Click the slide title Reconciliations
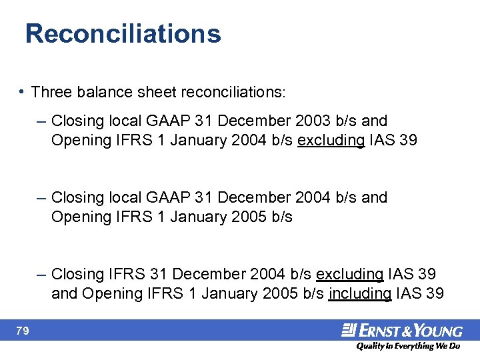[123, 33]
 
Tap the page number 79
[23, 331]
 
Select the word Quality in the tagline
[371, 346]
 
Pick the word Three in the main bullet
[50, 91]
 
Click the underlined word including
[360, 293]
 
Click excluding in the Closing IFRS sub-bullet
[349, 274]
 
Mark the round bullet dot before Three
[23, 91]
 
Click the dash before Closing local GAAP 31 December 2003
[42, 121]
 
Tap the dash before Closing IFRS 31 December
[42, 274]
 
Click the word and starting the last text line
[64, 293]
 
